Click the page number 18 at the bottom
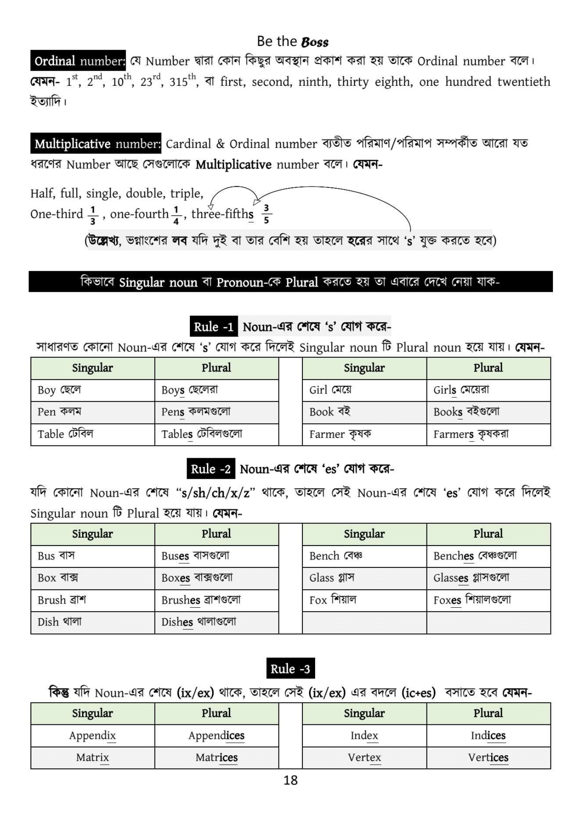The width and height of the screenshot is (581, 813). click(x=290, y=780)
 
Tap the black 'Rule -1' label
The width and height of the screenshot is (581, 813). click(x=213, y=327)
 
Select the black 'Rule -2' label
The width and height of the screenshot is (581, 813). click(x=211, y=469)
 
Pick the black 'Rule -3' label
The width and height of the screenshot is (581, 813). click(x=290, y=669)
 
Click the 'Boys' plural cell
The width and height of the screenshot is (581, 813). click(x=216, y=390)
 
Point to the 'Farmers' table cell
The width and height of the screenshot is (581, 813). click(x=488, y=435)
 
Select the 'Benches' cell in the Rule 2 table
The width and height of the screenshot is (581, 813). click(x=488, y=556)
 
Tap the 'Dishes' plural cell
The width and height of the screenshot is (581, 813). click(x=216, y=622)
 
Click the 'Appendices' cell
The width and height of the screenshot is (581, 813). click(x=216, y=736)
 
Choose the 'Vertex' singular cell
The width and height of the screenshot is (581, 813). click(x=364, y=758)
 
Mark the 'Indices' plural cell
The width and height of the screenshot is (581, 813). click(x=488, y=736)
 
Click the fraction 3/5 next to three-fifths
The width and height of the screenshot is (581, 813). click(x=266, y=214)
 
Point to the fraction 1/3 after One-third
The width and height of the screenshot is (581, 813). click(x=93, y=215)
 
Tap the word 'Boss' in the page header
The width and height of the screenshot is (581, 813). click(x=315, y=42)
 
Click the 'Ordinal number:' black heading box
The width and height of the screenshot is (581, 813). click(x=78, y=61)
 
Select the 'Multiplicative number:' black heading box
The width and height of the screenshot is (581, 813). click(x=96, y=144)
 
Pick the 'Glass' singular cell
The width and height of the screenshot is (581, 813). click(x=364, y=578)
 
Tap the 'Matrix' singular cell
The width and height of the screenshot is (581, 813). click(x=93, y=758)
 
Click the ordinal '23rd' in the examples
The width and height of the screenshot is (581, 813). click(x=150, y=81)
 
